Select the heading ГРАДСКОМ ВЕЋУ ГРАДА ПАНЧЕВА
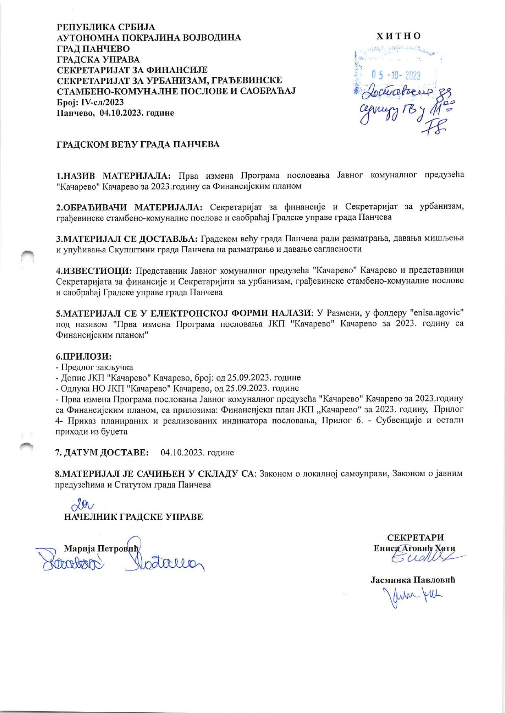point(138,144)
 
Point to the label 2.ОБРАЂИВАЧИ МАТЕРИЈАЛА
point(129,207)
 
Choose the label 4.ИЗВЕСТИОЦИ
point(94,270)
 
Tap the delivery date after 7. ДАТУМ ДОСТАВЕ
point(198,452)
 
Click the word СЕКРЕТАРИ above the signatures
point(415,537)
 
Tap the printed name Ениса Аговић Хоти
point(414,548)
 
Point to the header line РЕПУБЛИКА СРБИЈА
point(105,27)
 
